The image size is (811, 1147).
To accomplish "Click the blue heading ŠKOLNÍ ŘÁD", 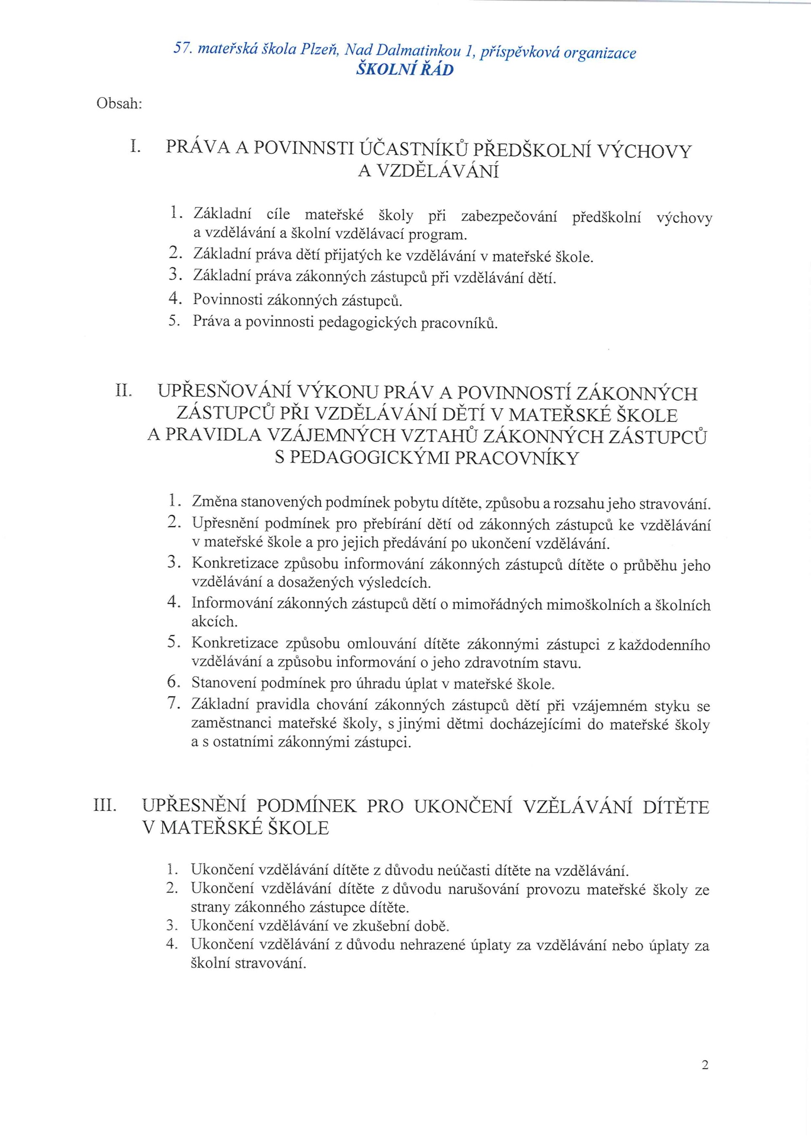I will pos(405,69).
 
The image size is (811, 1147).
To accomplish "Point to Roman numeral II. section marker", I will pos(123,390).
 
